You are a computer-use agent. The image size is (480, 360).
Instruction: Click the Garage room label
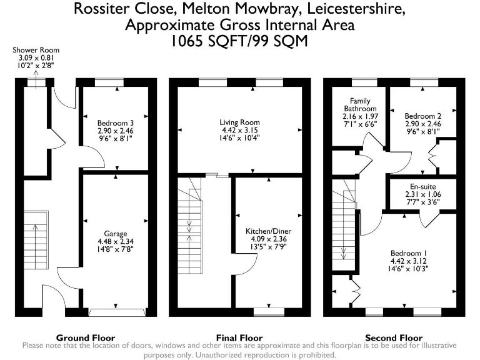pyautogui.click(x=116, y=234)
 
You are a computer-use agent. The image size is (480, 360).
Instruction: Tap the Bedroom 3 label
pyautogui.click(x=116, y=123)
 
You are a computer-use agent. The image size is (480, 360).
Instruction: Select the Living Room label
pyautogui.click(x=240, y=122)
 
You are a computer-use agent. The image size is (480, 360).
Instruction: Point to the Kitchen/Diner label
pyautogui.click(x=269, y=231)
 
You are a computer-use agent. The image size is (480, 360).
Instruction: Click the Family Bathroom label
pyautogui.click(x=360, y=105)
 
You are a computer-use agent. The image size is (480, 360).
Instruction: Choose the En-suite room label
pyautogui.click(x=422, y=187)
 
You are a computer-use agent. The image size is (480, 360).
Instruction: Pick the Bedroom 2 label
pyautogui.click(x=422, y=116)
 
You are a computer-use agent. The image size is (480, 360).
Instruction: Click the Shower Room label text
pyautogui.click(x=36, y=50)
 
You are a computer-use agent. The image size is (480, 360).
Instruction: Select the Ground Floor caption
pyautogui.click(x=86, y=338)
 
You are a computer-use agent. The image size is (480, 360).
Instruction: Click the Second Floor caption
pyautogui.click(x=394, y=338)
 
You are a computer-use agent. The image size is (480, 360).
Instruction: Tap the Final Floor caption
pyautogui.click(x=239, y=338)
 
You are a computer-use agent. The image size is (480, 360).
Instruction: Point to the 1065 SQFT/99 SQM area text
pyautogui.click(x=239, y=41)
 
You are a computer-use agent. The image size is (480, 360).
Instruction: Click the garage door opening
pyautogui.click(x=117, y=312)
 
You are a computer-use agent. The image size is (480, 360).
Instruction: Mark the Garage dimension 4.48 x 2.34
pyautogui.click(x=116, y=241)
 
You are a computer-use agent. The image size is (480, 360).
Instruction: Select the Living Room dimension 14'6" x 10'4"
pyautogui.click(x=239, y=137)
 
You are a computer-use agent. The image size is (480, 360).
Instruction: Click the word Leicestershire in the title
pyautogui.click(x=356, y=9)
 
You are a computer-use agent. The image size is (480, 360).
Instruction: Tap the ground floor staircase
pyautogui.click(x=36, y=240)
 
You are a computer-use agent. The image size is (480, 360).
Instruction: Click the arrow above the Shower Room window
pyautogui.click(x=36, y=79)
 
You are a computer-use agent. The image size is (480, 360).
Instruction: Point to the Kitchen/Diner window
pyautogui.click(x=269, y=312)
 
